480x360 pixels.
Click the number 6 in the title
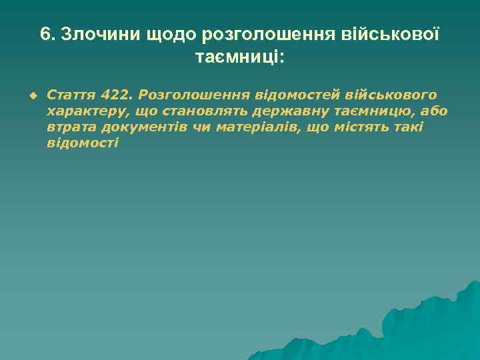pos(45,34)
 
